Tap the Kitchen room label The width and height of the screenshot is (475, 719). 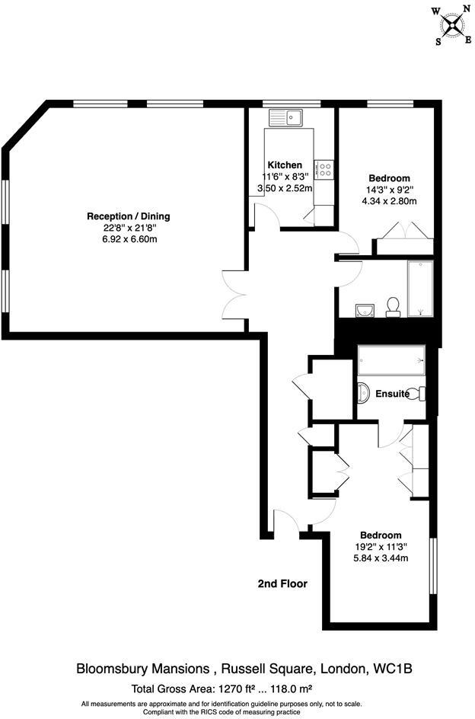tap(285, 165)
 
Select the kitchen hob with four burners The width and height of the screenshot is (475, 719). tap(324, 168)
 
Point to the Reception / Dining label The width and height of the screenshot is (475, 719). tap(128, 216)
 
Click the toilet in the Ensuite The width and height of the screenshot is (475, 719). tap(415, 394)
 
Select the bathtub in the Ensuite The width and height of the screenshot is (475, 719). tap(391, 360)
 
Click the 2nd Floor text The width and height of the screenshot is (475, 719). tap(282, 584)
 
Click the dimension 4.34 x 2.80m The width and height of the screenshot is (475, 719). tap(389, 201)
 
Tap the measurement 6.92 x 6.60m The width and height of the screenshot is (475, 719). tap(128, 239)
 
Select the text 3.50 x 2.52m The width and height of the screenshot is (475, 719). tap(285, 188)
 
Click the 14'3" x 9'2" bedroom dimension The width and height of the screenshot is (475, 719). tap(389, 190)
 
